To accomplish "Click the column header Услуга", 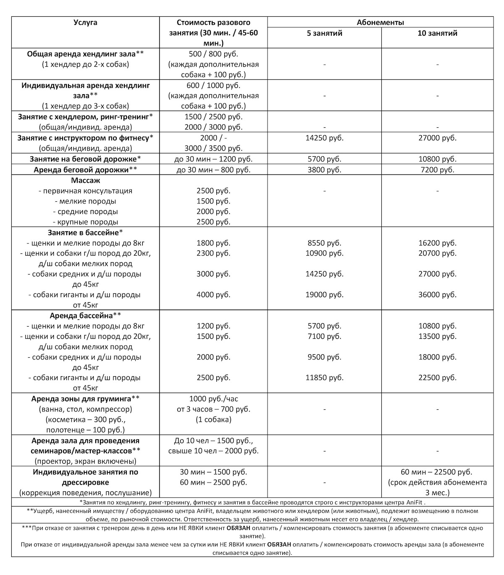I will (85, 23).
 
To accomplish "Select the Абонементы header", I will (381, 23).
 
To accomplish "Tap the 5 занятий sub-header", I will (325, 33).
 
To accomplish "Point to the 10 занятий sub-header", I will (437, 33).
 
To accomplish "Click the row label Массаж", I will (85, 180).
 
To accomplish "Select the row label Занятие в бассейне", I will (85, 232).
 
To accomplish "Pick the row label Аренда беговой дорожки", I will (85, 170).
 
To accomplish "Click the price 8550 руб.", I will (325, 243).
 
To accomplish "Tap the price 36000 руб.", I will (437, 295).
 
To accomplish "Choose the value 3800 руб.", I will (325, 170).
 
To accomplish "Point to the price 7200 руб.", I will (437, 170).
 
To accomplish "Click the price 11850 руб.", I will (325, 378).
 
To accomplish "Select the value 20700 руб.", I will (437, 253).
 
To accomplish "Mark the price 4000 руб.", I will (213, 295).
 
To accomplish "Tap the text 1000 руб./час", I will (213, 399).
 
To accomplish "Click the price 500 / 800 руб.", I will (213, 54).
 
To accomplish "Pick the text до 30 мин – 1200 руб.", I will (213, 159).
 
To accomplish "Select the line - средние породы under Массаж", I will (85, 211).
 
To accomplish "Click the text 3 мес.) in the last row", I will (437, 493).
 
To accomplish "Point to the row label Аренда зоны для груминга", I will (85, 399).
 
